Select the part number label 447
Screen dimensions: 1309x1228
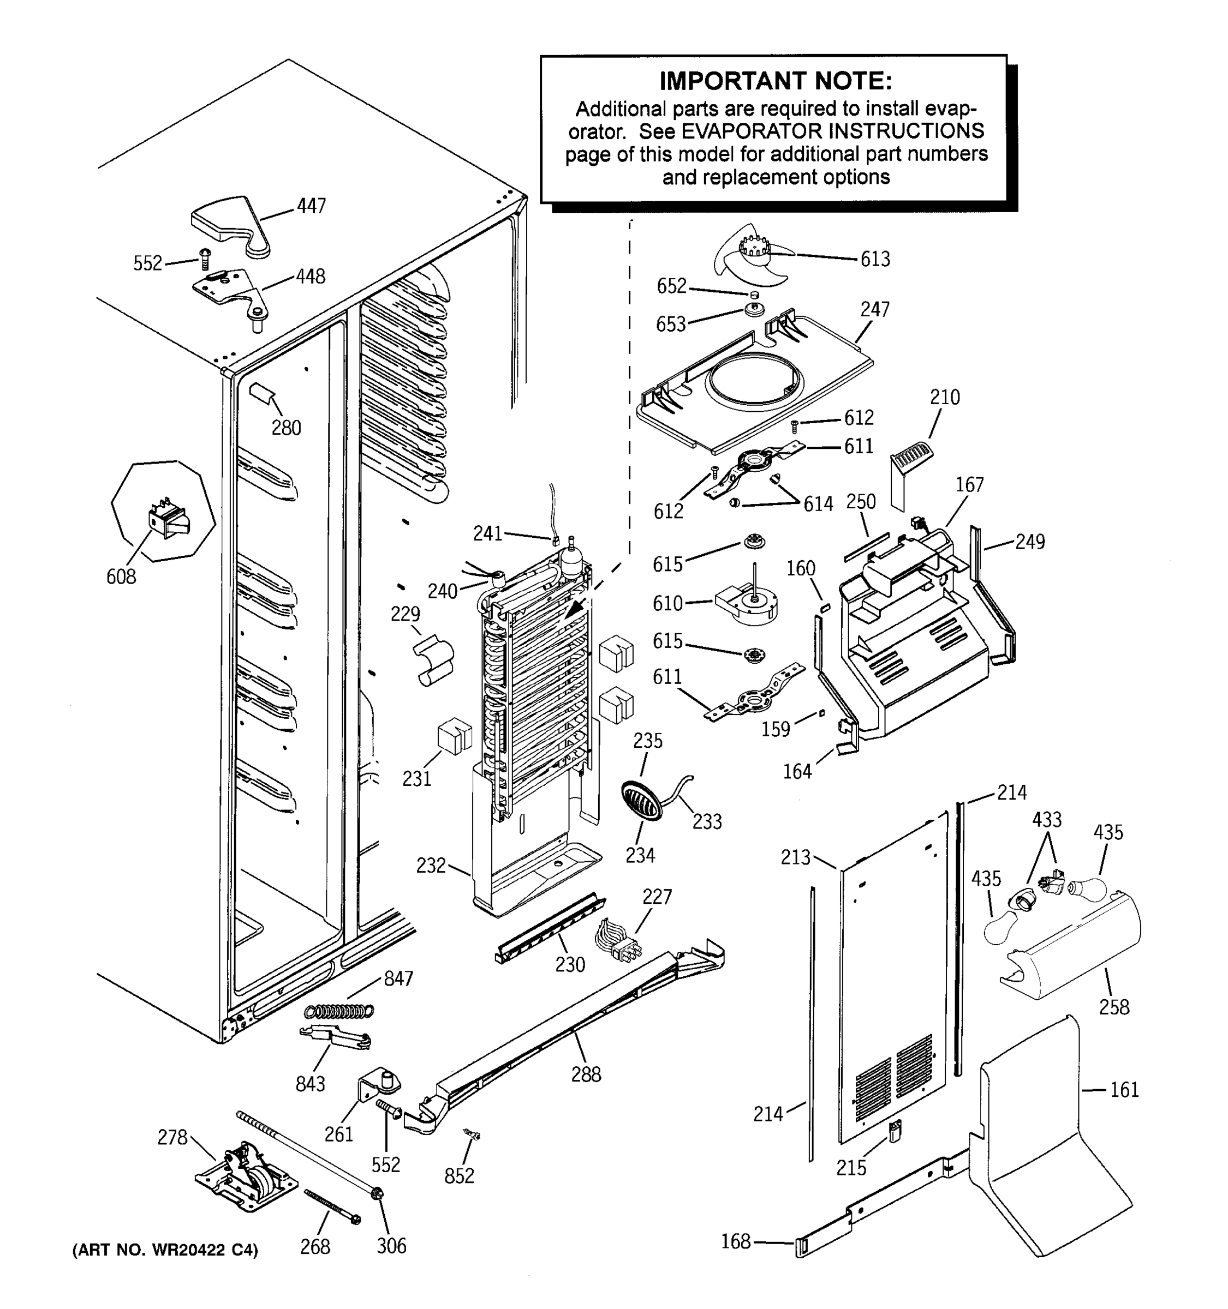click(311, 206)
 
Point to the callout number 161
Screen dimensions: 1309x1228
click(1124, 1089)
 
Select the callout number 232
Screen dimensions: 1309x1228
click(431, 864)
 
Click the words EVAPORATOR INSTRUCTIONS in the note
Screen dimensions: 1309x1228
click(832, 131)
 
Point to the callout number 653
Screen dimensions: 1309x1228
click(671, 324)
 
